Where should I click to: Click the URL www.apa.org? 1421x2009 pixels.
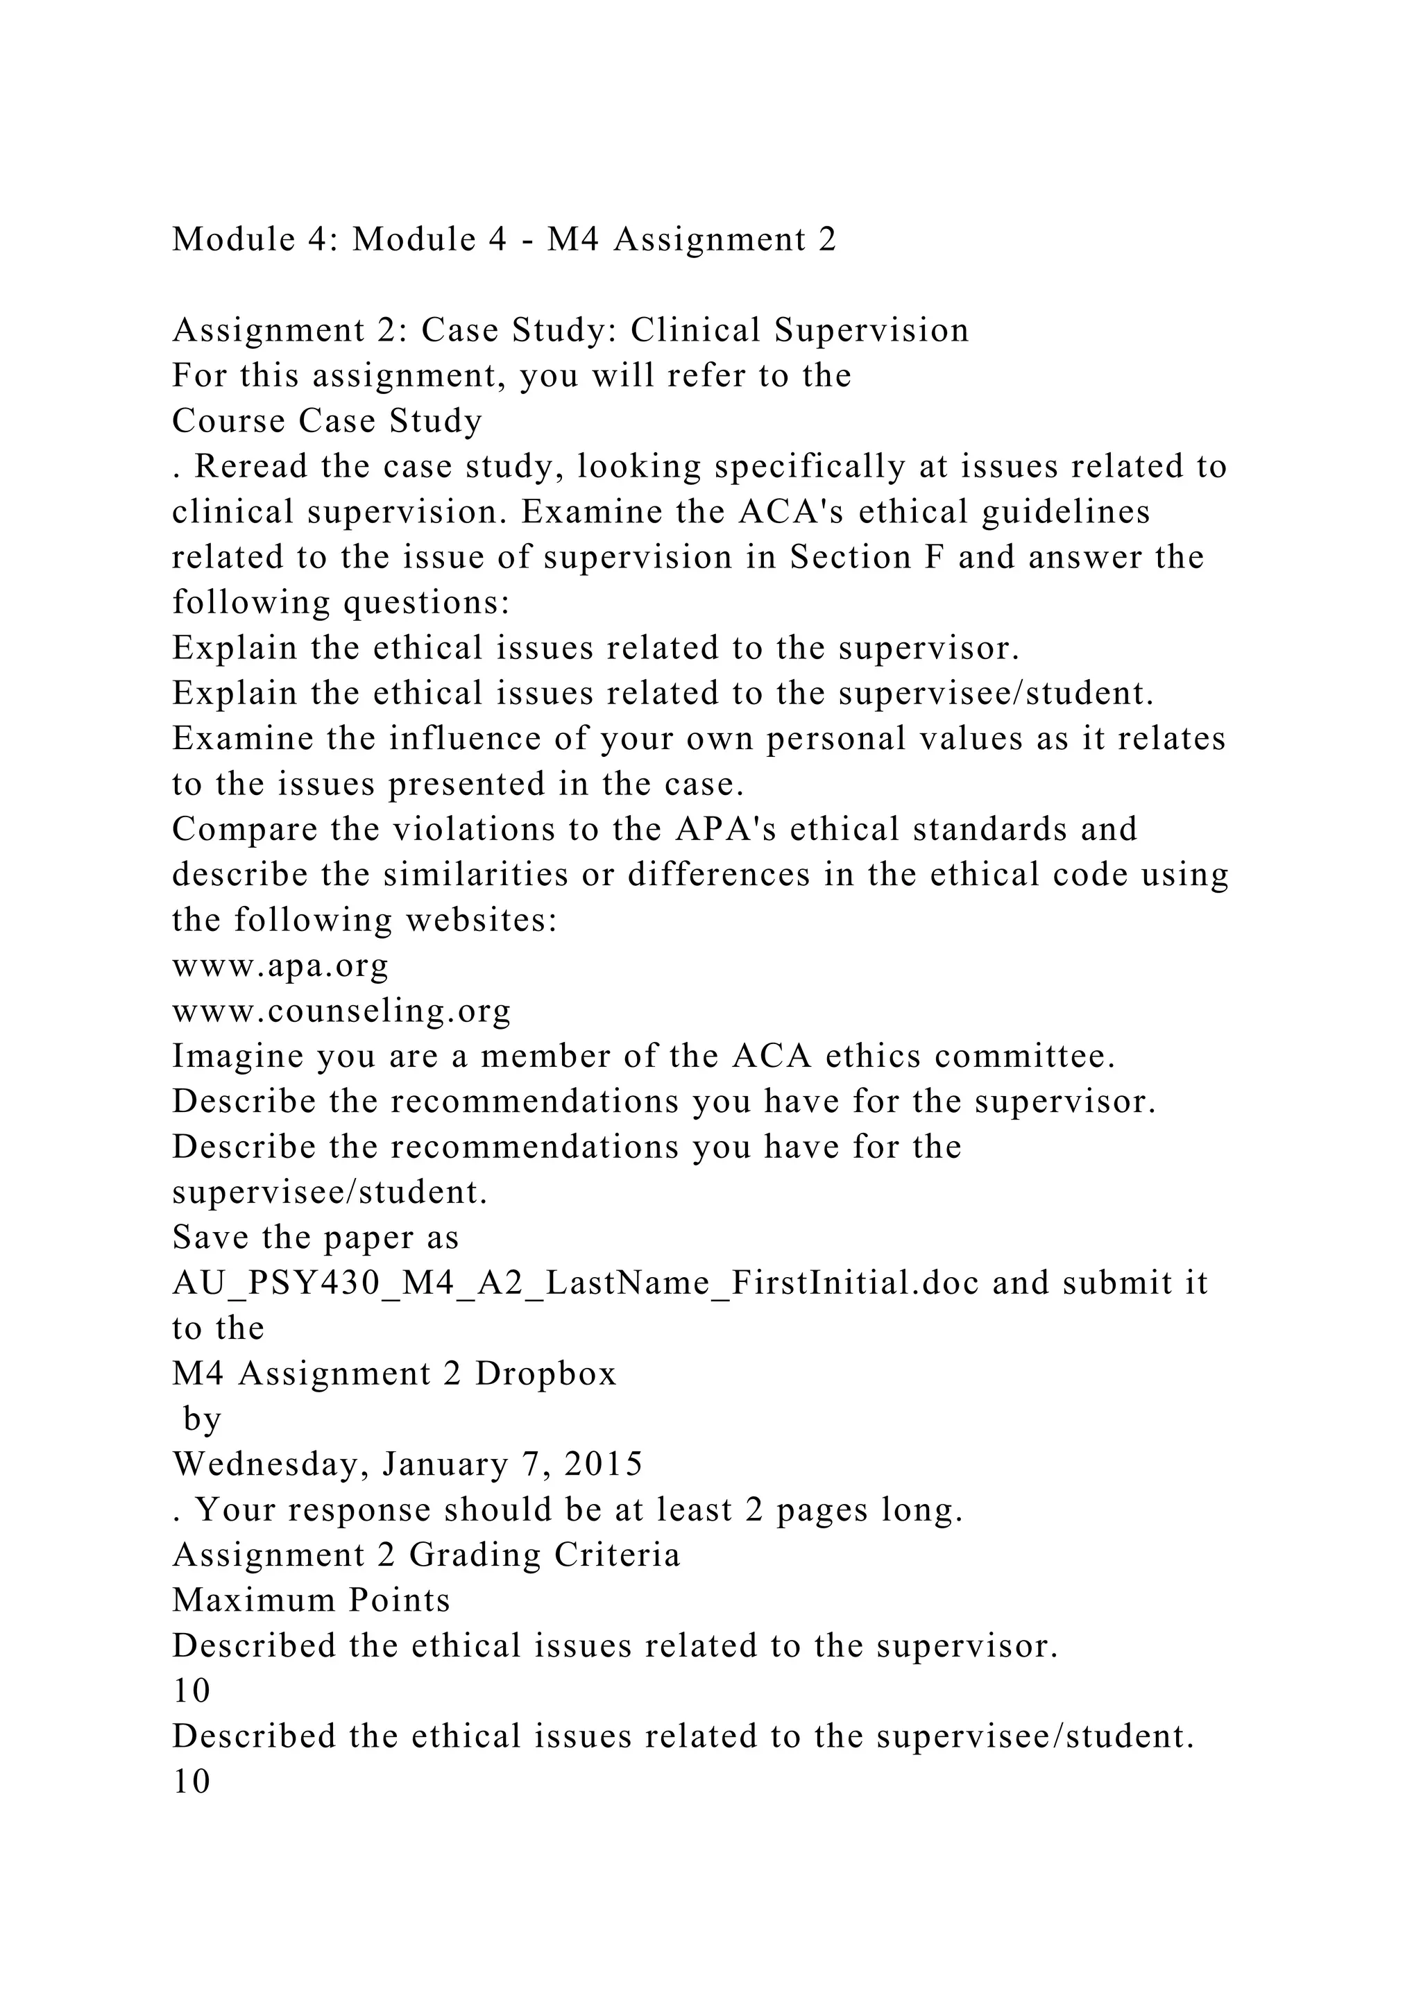(x=280, y=966)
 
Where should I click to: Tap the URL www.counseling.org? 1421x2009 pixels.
(x=341, y=1011)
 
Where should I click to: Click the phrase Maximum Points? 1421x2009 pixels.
(x=311, y=1600)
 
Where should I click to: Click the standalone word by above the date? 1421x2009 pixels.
(x=202, y=1420)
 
